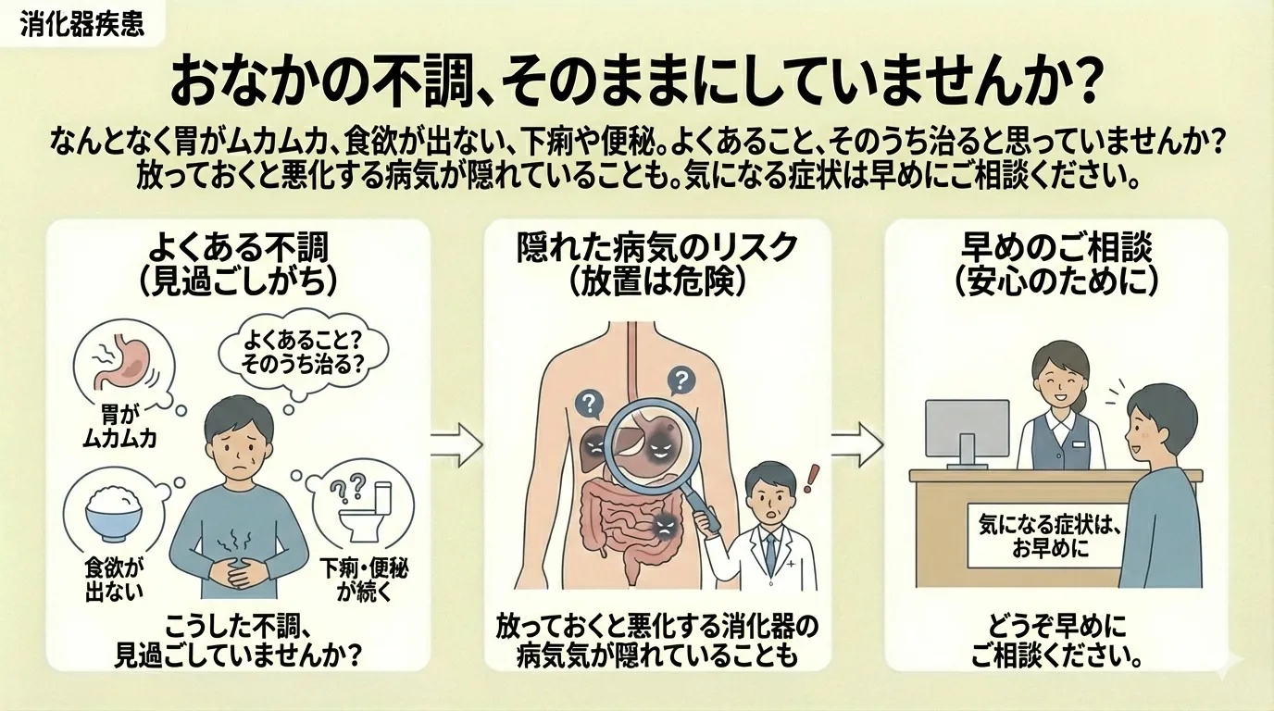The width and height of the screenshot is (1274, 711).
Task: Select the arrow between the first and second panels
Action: pos(457,447)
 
